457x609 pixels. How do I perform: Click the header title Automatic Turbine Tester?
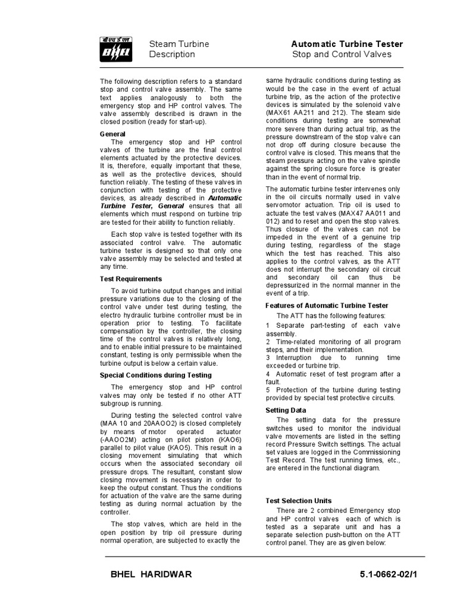coord(346,44)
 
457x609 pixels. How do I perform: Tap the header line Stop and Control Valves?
coord(342,55)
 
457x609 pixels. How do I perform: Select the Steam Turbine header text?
coord(179,44)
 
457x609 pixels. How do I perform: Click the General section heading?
coord(112,134)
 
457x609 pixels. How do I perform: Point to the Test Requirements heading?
coord(130,278)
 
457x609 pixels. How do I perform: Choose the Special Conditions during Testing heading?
coord(155,375)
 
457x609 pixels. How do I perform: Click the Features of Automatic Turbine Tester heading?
coord(326,305)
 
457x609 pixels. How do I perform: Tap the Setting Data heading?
coord(286,410)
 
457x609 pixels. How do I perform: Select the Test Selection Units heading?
coord(298,501)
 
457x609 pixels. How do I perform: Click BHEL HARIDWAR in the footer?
coord(151,575)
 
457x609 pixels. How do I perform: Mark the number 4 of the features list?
coord(268,373)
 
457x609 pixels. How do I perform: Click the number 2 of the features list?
coord(268,342)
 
